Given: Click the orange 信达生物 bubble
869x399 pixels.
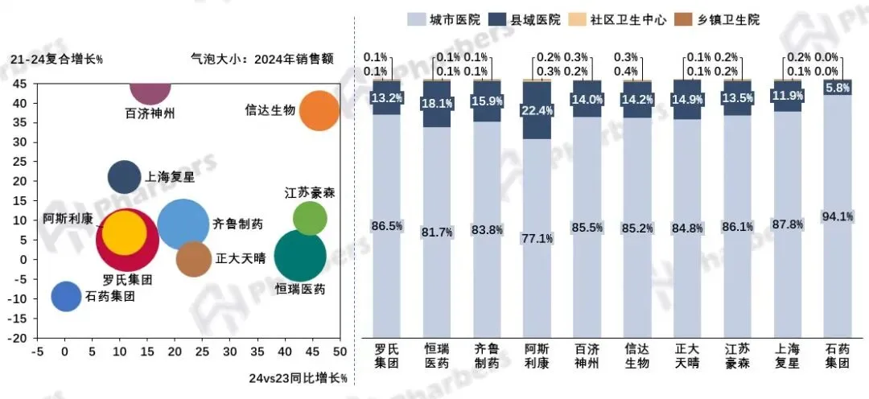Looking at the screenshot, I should click(x=319, y=110).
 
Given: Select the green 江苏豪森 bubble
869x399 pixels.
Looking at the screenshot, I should click(x=310, y=218).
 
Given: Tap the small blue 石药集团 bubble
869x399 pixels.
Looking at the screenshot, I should click(x=66, y=296).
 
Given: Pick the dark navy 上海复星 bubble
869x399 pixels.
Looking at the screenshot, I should click(x=124, y=178).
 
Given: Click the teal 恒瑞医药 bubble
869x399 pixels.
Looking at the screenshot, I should click(x=300, y=257).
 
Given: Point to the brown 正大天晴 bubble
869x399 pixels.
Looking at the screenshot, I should click(x=193, y=259).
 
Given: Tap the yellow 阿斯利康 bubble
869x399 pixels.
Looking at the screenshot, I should click(x=125, y=232).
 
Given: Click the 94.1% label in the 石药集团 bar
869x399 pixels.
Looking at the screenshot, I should click(x=837, y=216).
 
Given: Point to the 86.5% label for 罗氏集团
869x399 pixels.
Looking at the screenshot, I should click(x=386, y=226).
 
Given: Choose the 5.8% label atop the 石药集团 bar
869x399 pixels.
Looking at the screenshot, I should click(x=837, y=89).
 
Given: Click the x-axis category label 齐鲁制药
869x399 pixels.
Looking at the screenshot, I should click(x=486, y=356).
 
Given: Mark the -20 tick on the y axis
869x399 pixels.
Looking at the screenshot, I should click(x=17, y=338).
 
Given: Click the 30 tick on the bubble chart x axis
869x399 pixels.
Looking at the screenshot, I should click(x=230, y=352).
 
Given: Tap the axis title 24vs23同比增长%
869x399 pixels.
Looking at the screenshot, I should click(x=297, y=378).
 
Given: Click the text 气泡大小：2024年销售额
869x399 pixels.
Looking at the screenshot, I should click(x=261, y=58).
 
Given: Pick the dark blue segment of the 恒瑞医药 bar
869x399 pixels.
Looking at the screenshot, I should click(x=436, y=105).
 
